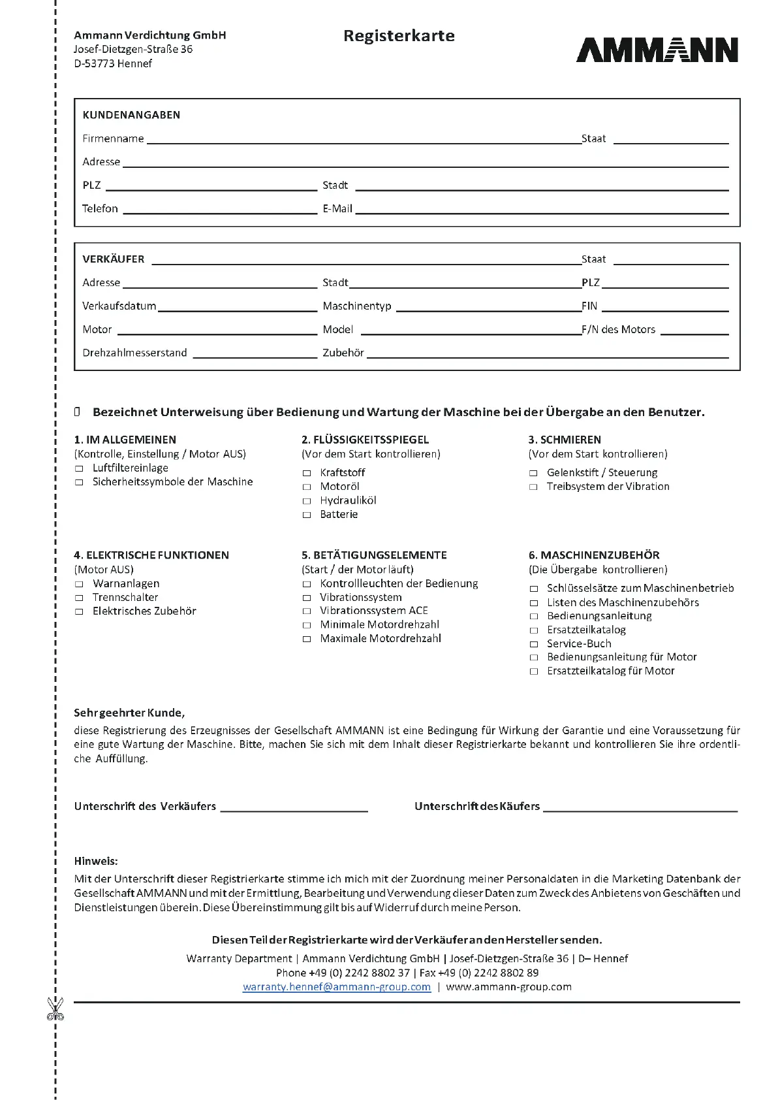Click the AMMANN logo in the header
pyautogui.click(x=657, y=50)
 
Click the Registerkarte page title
pyautogui.click(x=399, y=36)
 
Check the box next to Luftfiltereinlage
pyautogui.click(x=79, y=468)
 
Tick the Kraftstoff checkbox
pyautogui.click(x=307, y=473)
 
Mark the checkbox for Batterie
pyautogui.click(x=307, y=515)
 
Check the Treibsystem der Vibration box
pyautogui.click(x=533, y=487)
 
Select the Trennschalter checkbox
pyautogui.click(x=79, y=598)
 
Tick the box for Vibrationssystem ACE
pyautogui.click(x=307, y=611)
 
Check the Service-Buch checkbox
pyautogui.click(x=533, y=644)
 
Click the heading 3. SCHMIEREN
pyautogui.click(x=565, y=440)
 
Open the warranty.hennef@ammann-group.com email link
pyautogui.click(x=337, y=987)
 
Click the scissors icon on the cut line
pyautogui.click(x=55, y=1009)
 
